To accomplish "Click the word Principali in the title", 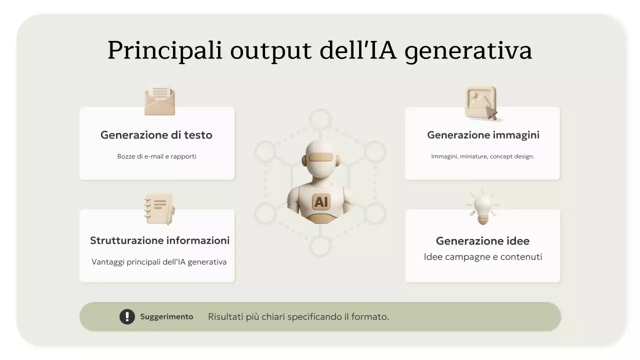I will point(165,50).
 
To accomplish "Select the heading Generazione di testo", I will point(156,135).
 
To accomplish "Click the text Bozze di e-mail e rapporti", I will point(156,156).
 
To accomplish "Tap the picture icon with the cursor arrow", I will point(481,103).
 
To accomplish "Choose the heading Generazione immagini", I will point(483,135).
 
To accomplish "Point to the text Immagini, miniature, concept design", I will point(482,156).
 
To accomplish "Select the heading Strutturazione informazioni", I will point(159,240).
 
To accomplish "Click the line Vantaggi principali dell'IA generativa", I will point(159,262).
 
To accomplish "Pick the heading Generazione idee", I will point(482,241).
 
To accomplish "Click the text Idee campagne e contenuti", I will point(482,257).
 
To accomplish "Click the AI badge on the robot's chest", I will point(321,201).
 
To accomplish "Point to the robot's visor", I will point(320,158).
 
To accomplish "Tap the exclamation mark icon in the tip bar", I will point(127,316).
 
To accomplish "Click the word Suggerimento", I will point(166,316).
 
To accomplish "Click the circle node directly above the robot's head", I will point(320,120).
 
